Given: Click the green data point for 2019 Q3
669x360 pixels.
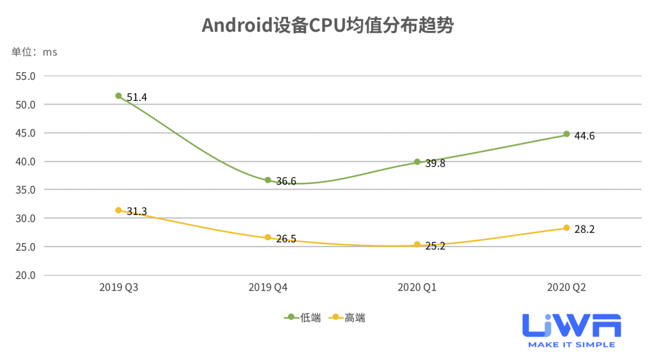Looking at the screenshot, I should tap(118, 96).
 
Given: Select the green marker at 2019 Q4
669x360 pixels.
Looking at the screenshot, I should tap(268, 180).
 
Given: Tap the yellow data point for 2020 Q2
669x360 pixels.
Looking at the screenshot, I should tap(566, 228).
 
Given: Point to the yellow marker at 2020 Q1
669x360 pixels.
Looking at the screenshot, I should tap(418, 245).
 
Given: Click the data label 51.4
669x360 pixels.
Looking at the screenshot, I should tap(137, 97).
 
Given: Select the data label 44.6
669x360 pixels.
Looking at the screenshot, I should tap(585, 136).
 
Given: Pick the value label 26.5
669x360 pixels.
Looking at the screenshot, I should tap(286, 239).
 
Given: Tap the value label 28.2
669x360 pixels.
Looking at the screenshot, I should tap(585, 230).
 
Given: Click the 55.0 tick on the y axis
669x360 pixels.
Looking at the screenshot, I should tap(25, 76).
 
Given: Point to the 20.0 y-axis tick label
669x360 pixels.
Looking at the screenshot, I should tap(25, 275).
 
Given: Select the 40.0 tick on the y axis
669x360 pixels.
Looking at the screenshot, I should tap(25, 162).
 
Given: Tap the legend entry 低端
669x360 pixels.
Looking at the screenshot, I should tap(304, 318).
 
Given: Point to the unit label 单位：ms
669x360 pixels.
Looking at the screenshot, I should tap(34, 52).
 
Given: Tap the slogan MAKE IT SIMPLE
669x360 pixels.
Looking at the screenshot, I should tap(571, 345).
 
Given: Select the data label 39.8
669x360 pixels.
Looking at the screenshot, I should tap(435, 164).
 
